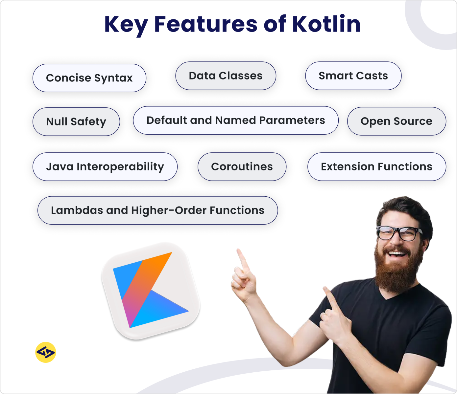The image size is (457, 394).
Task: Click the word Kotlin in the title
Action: pos(326,24)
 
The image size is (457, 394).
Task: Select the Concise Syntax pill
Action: pos(89,78)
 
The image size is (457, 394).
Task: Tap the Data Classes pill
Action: pos(226,76)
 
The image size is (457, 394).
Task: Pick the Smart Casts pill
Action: pos(353,76)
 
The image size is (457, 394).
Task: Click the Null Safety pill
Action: pos(76,122)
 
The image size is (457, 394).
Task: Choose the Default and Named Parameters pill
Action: pos(235,120)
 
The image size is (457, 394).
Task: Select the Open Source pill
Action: pos(396,121)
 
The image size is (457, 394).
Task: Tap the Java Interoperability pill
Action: pos(105,167)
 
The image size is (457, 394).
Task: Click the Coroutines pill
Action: pos(242,167)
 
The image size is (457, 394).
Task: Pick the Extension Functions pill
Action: pos(376,167)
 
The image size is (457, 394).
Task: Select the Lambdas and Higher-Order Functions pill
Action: pos(157,210)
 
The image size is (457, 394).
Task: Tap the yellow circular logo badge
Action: pos(45,353)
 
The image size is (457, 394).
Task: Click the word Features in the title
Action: pos(206,24)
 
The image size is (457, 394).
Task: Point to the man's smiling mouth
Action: pos(397,253)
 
